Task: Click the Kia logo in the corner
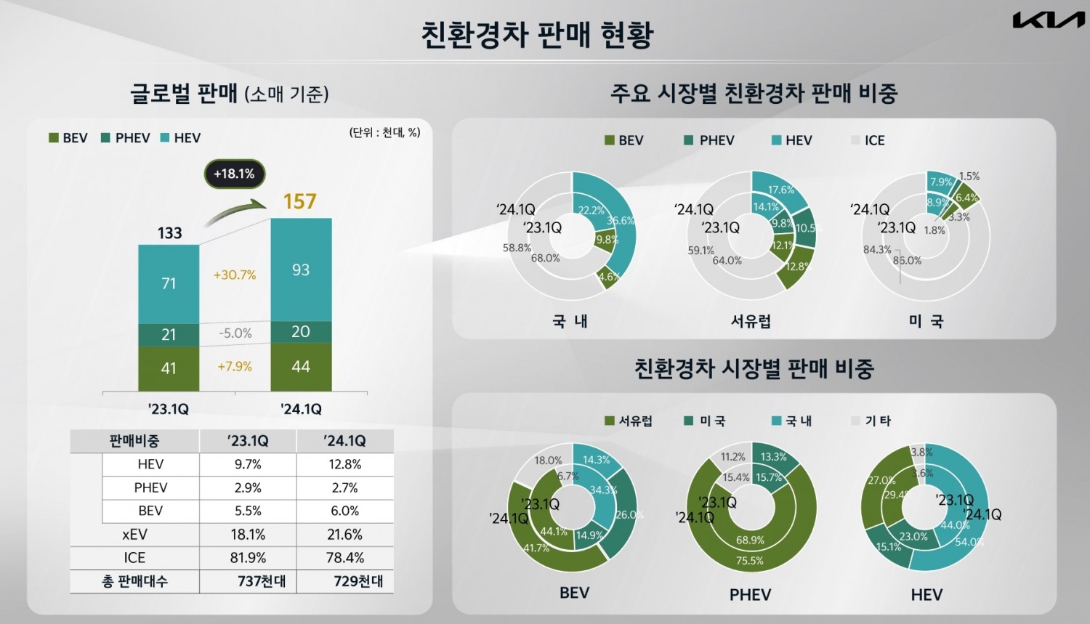pyautogui.click(x=1048, y=21)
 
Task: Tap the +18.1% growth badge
pyautogui.click(x=234, y=174)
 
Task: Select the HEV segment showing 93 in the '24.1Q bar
pyautogui.click(x=301, y=270)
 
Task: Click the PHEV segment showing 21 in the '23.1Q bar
pyautogui.click(x=169, y=334)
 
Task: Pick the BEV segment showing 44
pyautogui.click(x=301, y=367)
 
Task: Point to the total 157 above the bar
pyautogui.click(x=299, y=201)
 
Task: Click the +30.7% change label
pyautogui.click(x=235, y=275)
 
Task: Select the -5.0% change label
pyautogui.click(x=235, y=333)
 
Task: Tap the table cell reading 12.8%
pyautogui.click(x=344, y=464)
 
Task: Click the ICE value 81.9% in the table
pyautogui.click(x=248, y=558)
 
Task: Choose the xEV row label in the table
pyautogui.click(x=134, y=535)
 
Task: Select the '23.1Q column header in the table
pyautogui.click(x=248, y=441)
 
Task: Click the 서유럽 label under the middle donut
pyautogui.click(x=751, y=321)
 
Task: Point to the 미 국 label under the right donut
pyautogui.click(x=926, y=321)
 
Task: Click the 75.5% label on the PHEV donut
pyautogui.click(x=749, y=561)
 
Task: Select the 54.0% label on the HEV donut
pyautogui.click(x=969, y=542)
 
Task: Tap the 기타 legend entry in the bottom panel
pyautogui.click(x=871, y=421)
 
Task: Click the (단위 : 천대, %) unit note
pyautogui.click(x=384, y=132)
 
